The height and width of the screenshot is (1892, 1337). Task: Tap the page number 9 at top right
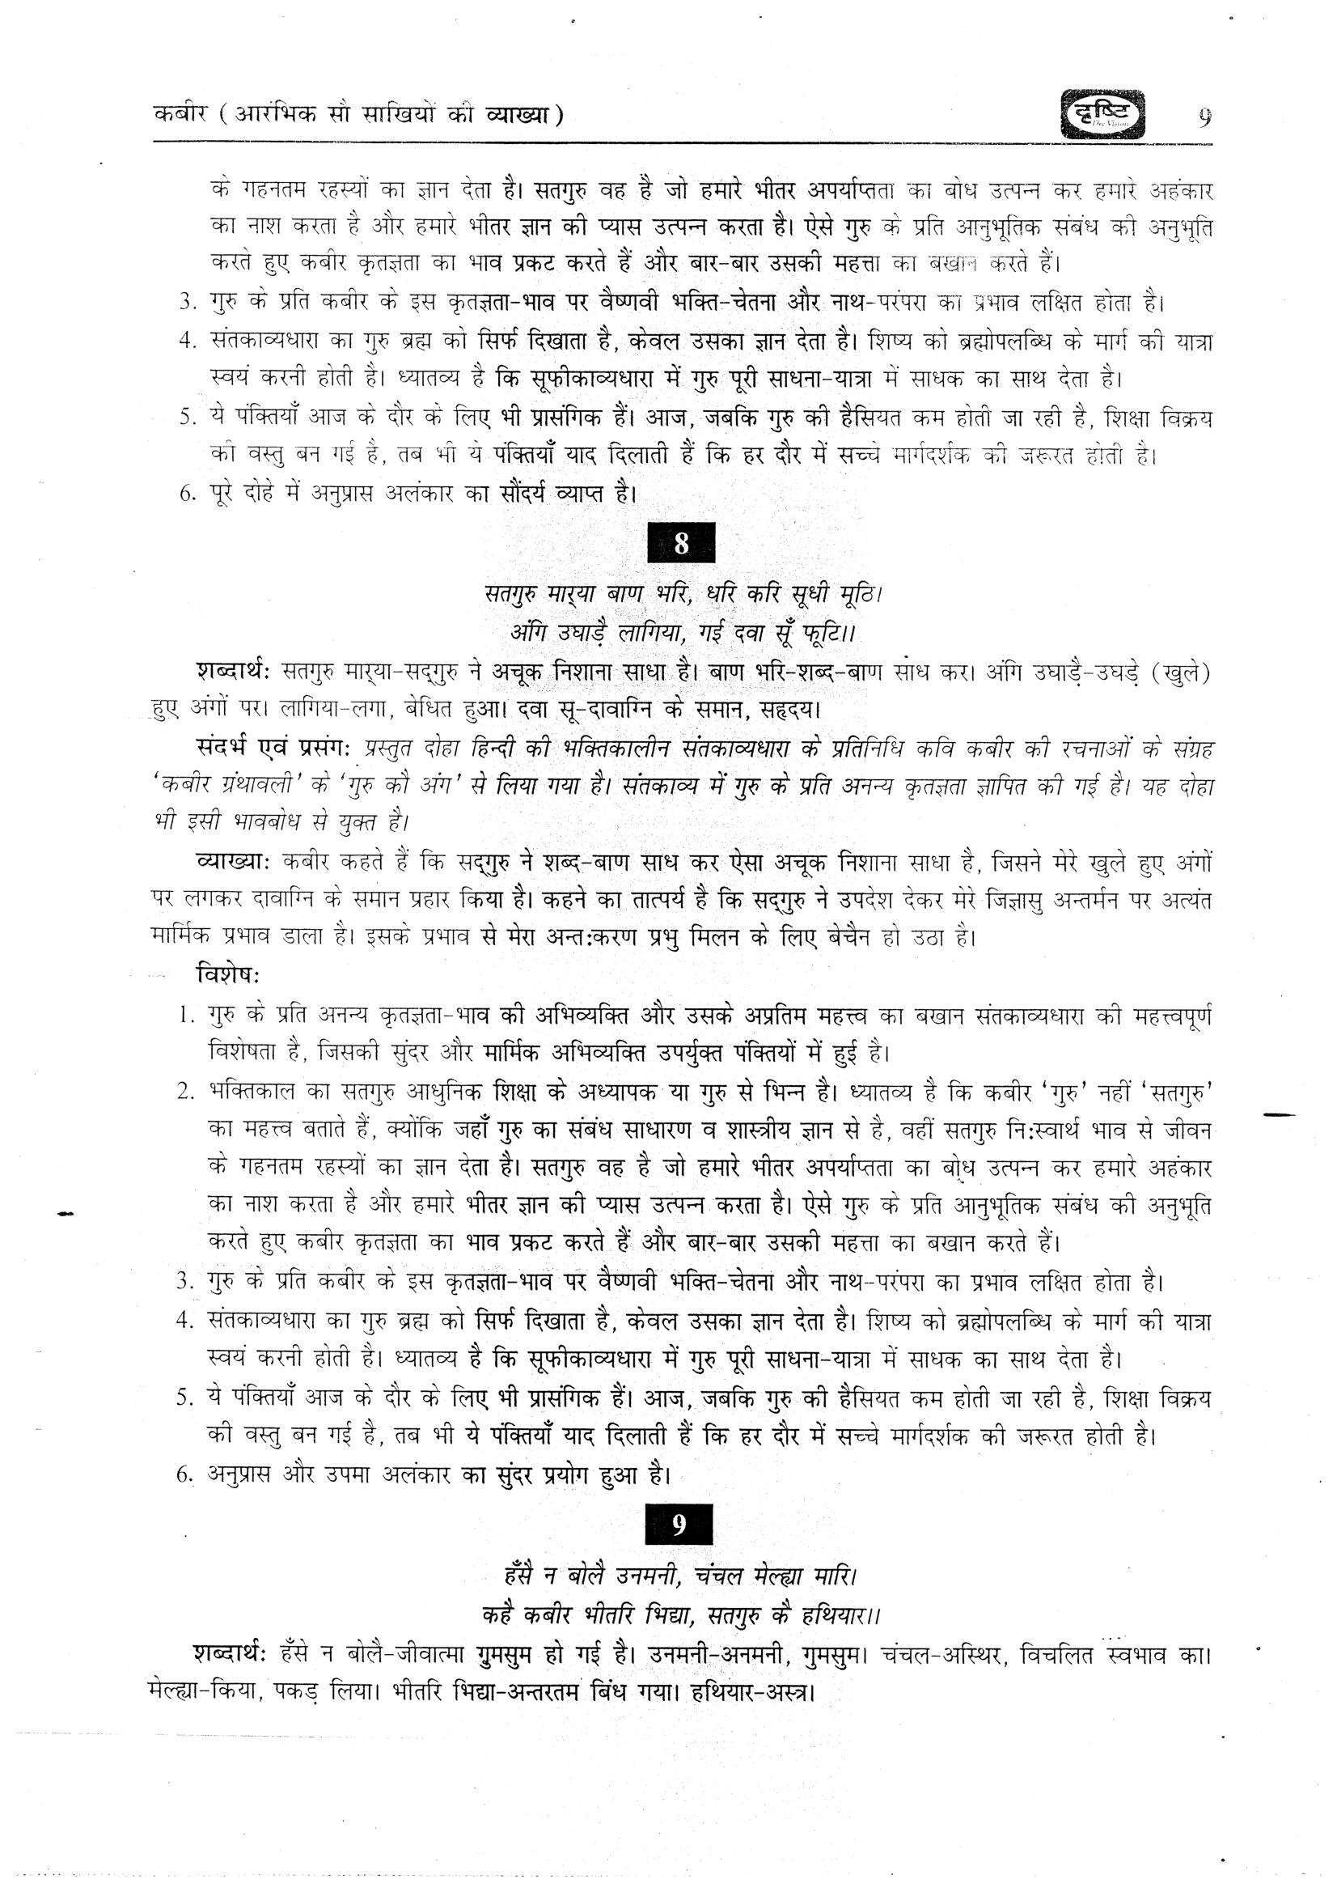pyautogui.click(x=1204, y=118)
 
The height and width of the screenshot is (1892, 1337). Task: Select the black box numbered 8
pyautogui.click(x=681, y=543)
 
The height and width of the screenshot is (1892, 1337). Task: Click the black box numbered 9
pyautogui.click(x=679, y=1525)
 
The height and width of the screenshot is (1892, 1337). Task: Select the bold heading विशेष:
pyautogui.click(x=227, y=974)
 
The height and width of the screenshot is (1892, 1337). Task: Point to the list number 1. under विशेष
pyautogui.click(x=185, y=1015)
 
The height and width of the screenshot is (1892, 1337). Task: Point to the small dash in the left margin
pyautogui.click(x=66, y=1212)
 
